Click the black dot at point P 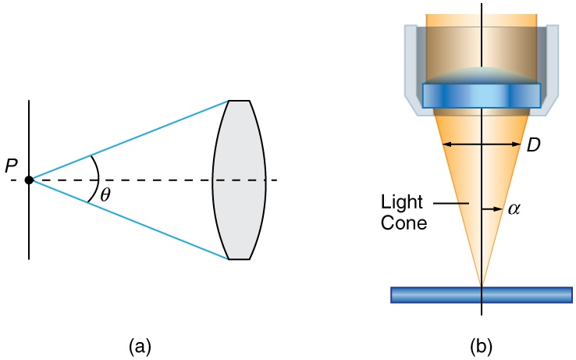29,180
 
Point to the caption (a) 139,344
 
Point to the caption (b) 482,344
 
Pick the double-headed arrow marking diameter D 482,144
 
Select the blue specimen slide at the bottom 482,294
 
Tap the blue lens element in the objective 482,95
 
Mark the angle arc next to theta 96,180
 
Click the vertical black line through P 29,226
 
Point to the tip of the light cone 482,285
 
